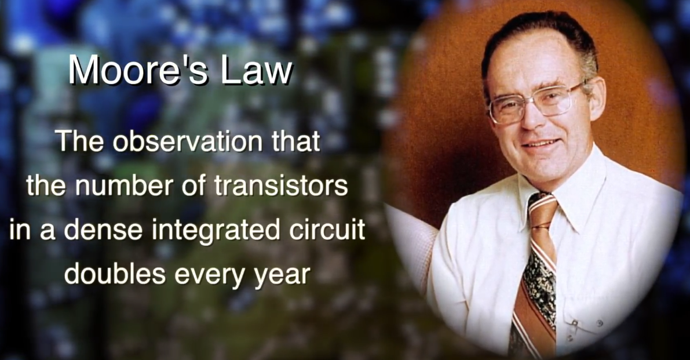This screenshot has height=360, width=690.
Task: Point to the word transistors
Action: (281, 186)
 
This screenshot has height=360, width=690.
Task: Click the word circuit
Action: (327, 230)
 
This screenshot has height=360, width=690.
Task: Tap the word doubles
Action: (115, 274)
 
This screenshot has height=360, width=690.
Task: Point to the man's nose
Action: (537, 118)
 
